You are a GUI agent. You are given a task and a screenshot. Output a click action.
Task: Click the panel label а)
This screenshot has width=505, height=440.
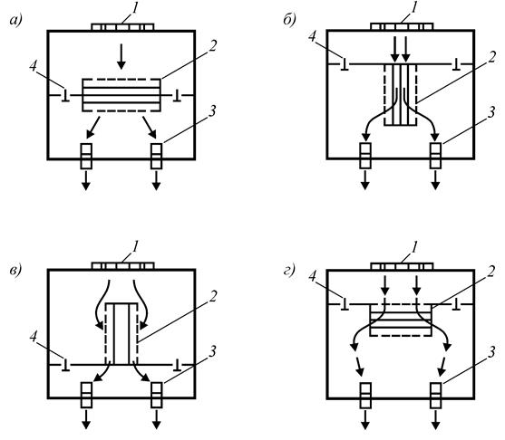pos(15,21)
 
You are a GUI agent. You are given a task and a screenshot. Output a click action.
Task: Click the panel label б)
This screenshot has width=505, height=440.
pos(290,20)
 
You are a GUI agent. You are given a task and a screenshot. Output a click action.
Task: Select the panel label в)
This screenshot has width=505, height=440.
pos(15,270)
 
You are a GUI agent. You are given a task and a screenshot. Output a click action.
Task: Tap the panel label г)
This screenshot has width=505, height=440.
pos(289,271)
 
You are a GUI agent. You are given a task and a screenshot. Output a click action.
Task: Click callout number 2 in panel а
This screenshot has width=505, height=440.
pos(212,45)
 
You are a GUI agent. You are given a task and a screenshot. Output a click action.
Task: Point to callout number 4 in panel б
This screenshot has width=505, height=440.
pos(312,36)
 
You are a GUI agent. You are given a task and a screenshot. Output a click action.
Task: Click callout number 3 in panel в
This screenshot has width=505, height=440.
pos(212,352)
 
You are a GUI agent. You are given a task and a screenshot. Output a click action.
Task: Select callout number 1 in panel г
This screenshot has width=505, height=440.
pos(414,247)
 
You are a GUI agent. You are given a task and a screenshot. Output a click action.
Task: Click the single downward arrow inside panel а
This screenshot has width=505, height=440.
pos(121,57)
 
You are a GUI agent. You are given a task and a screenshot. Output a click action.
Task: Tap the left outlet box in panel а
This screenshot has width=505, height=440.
pos(86,157)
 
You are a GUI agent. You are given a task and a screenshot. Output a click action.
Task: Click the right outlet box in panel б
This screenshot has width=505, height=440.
pos(436,156)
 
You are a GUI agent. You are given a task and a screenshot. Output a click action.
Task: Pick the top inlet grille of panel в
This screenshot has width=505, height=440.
pos(122,266)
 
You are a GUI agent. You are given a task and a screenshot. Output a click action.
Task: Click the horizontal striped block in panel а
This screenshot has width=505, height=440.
pos(121,95)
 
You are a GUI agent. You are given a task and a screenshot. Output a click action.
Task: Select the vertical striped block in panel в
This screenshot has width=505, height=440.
pos(121,334)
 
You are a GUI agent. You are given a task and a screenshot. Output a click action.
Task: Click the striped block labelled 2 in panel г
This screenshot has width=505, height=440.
pos(401,320)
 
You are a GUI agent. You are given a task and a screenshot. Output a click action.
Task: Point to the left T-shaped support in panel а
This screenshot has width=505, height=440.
pos(65,95)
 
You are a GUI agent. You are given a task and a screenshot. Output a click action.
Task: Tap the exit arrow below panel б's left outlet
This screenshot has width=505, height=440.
pos(364,180)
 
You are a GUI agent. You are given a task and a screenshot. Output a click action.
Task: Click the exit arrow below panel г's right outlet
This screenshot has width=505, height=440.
pos(436,419)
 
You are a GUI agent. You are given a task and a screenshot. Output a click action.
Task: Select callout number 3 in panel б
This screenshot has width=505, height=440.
pos(491,112)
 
